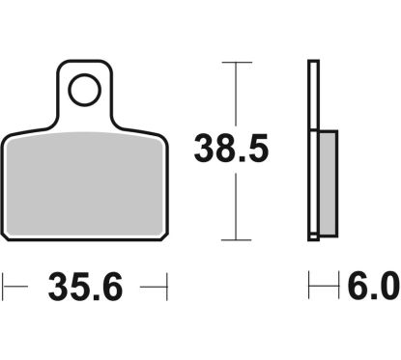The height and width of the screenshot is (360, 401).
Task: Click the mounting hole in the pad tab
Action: point(84,90)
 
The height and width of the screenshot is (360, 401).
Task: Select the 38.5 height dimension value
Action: point(231,149)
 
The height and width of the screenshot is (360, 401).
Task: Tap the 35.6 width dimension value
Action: point(85,287)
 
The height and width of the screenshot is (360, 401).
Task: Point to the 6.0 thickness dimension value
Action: point(374,285)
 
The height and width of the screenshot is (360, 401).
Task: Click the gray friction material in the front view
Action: point(84,184)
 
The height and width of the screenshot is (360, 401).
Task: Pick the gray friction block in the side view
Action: point(328,183)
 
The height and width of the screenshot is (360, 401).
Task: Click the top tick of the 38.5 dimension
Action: point(237,62)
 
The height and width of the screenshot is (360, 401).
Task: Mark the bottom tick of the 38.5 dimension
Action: point(236,239)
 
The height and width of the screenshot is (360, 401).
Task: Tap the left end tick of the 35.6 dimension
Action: point(3,287)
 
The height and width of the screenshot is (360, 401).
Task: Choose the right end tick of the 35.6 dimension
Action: point(167,287)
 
